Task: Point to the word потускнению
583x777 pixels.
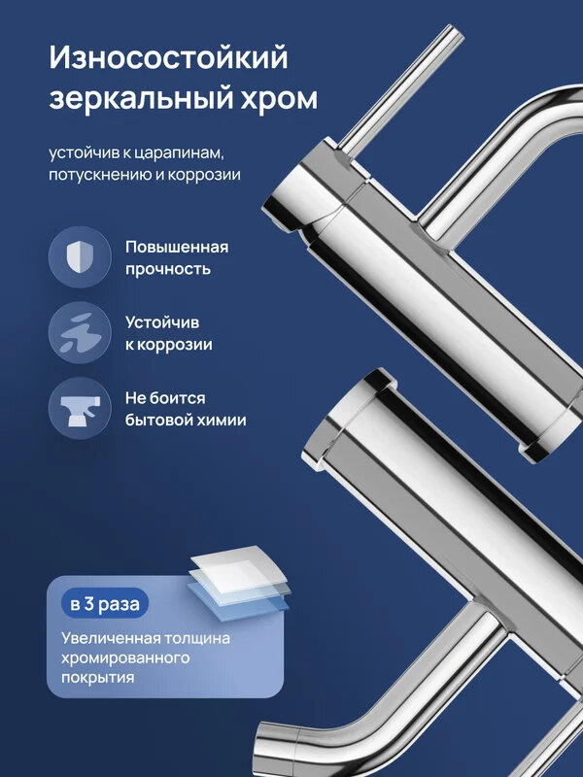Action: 98,176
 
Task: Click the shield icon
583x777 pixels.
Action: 79,257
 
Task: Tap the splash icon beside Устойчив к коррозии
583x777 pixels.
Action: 79,333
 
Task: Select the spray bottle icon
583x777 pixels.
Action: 79,409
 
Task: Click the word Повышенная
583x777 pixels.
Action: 176,247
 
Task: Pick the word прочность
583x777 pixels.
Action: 167,269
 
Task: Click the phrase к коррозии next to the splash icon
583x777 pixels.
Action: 168,345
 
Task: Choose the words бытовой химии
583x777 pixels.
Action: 185,421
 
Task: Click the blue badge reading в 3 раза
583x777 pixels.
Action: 104,603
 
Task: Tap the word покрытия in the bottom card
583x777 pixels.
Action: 97,678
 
